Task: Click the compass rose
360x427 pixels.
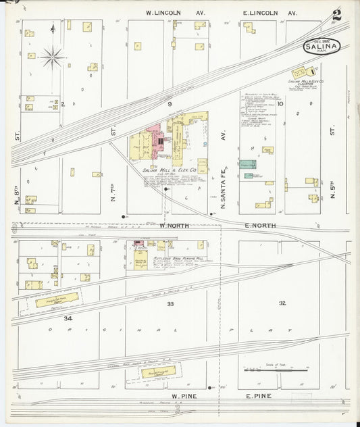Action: [x=52, y=57]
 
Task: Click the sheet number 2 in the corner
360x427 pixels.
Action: [x=336, y=14]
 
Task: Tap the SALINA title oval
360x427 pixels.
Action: [x=322, y=47]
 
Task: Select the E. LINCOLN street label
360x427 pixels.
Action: [x=269, y=13]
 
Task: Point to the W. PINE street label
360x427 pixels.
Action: [x=183, y=396]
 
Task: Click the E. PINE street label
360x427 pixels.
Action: [x=259, y=396]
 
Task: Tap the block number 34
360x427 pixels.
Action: [x=68, y=318]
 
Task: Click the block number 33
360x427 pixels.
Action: [x=171, y=305]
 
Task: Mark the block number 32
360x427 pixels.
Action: [x=282, y=303]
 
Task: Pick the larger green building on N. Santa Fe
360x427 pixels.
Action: [x=248, y=164]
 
